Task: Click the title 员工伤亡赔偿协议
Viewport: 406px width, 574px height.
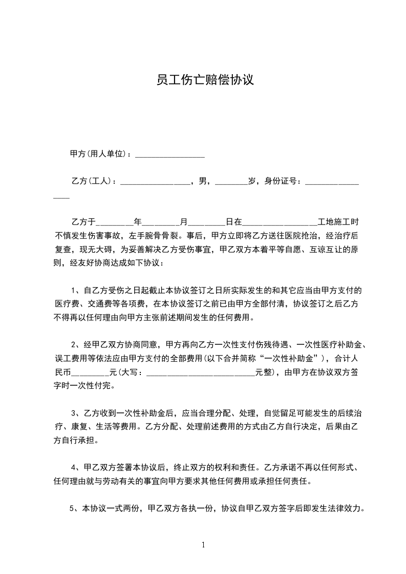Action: pyautogui.click(x=205, y=80)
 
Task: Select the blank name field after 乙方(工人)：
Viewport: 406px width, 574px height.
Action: pyautogui.click(x=155, y=182)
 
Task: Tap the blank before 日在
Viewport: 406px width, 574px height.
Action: pyautogui.click(x=207, y=224)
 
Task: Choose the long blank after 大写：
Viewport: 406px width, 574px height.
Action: pyautogui.click(x=201, y=372)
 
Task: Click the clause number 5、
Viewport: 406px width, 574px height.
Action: pyautogui.click(x=73, y=509)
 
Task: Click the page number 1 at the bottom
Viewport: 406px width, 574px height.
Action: pyautogui.click(x=203, y=545)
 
